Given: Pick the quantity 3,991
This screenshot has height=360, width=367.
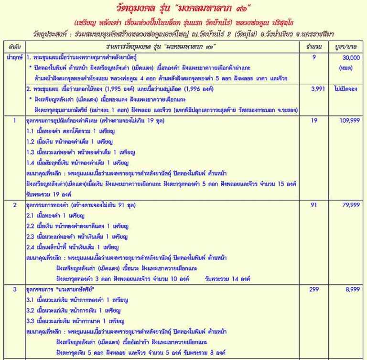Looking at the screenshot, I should (x=313, y=89).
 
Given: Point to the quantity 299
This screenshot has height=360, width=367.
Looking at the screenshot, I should (x=313, y=290).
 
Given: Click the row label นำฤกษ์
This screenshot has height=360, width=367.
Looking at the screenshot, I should (x=12, y=57).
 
